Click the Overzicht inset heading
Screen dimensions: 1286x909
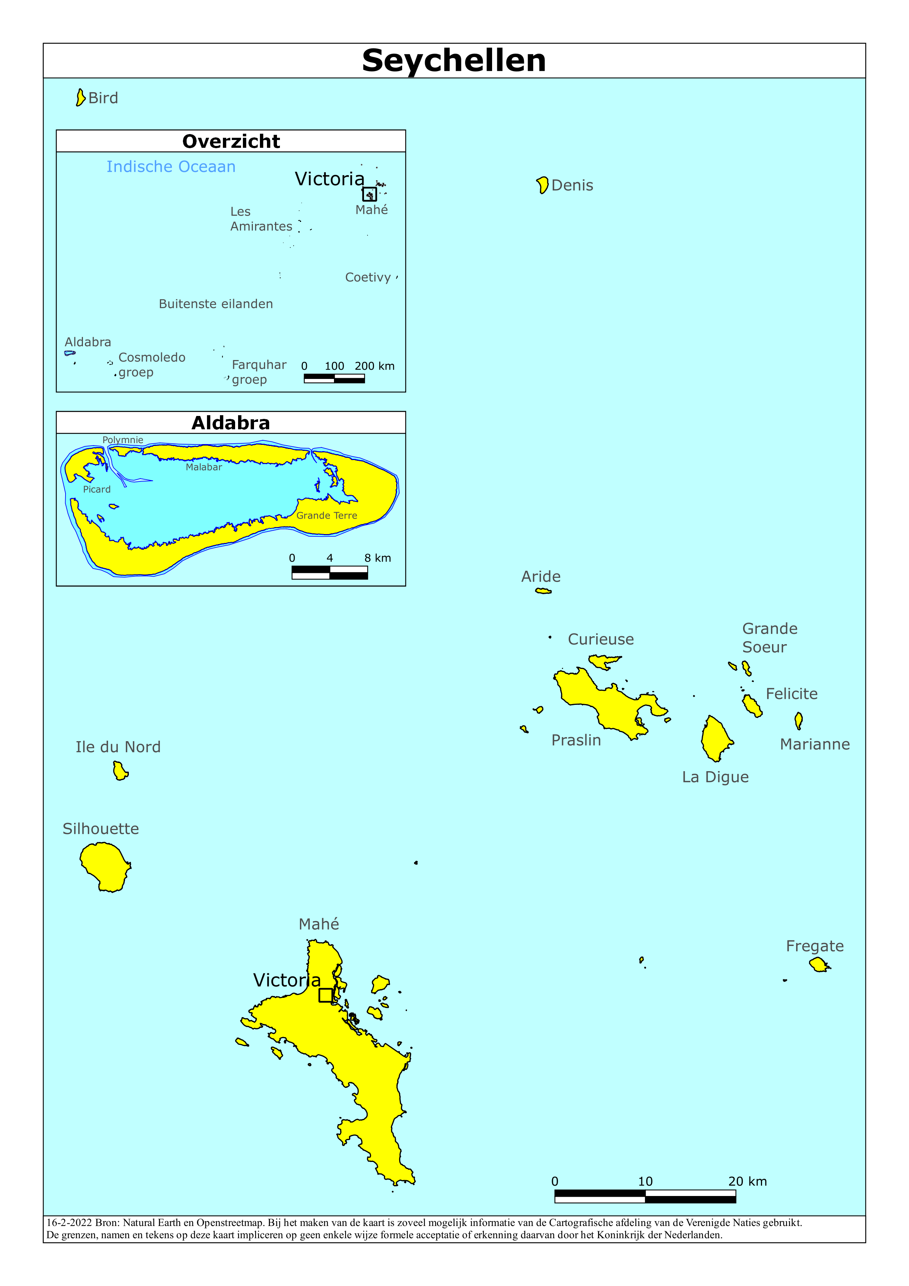(x=231, y=141)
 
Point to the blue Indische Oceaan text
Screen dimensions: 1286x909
(x=171, y=167)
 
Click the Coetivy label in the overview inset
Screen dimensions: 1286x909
(x=367, y=277)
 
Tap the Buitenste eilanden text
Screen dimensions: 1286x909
(x=215, y=304)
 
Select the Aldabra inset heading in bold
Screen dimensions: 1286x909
(x=231, y=423)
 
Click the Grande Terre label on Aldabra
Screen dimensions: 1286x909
(x=327, y=515)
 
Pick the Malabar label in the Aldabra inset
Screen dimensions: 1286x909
(x=204, y=467)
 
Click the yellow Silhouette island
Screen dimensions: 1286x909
(x=105, y=866)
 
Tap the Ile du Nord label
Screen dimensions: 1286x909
(x=118, y=747)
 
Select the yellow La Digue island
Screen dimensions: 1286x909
(x=716, y=738)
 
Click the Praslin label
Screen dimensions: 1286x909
(x=576, y=740)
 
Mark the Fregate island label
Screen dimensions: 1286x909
(x=814, y=946)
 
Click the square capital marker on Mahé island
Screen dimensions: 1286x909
(x=325, y=995)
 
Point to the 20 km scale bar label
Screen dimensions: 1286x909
(x=747, y=1181)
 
